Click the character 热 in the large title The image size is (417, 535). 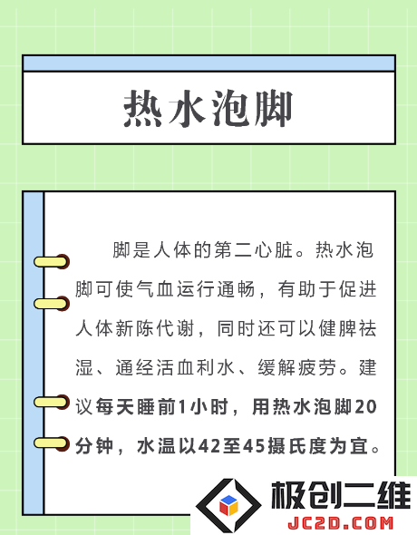point(142,109)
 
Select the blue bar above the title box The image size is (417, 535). point(208,63)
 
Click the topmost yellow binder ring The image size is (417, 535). point(52,262)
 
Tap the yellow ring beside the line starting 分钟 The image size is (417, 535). point(52,443)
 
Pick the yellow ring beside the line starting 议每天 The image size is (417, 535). point(52,402)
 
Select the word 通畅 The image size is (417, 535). point(237,289)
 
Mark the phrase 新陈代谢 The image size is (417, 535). point(155,329)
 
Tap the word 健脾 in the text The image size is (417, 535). point(337,329)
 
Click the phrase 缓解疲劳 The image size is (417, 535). point(297,368)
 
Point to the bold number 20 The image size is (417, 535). point(366,407)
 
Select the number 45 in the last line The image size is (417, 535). point(254,446)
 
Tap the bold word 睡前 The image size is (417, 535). point(156,407)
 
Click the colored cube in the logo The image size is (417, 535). point(228,505)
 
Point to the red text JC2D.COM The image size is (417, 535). point(340,524)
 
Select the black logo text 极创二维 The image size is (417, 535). point(340,495)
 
